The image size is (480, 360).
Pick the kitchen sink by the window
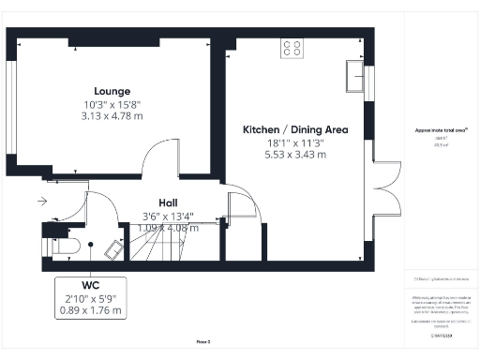coord(356,72)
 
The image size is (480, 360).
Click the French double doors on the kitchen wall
coord(385,196)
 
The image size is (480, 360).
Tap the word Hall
coord(168,202)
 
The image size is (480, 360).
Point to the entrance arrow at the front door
coord(43,201)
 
